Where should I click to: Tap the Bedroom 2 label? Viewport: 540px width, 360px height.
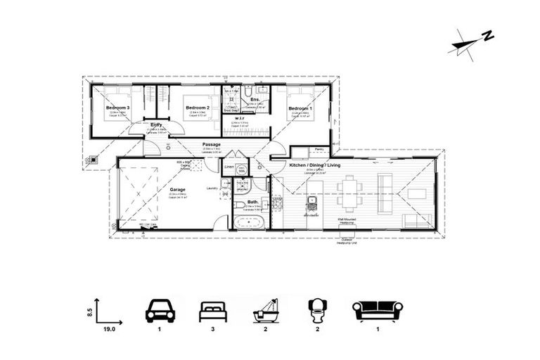click(x=198, y=108)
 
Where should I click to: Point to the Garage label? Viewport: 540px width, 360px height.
click(x=177, y=189)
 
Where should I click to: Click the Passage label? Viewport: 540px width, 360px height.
click(x=212, y=145)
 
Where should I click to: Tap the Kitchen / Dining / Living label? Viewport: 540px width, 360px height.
click(x=314, y=165)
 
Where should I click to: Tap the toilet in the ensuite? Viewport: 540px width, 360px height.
click(x=248, y=92)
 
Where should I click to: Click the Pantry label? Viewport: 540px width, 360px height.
click(x=319, y=149)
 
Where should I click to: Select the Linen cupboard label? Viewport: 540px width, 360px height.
click(x=229, y=165)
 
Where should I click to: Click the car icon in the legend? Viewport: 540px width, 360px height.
click(x=160, y=310)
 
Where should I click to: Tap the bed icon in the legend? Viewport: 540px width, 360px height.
click(x=214, y=310)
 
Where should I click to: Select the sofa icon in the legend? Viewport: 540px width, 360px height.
click(x=377, y=310)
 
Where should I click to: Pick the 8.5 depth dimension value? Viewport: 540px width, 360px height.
click(x=89, y=309)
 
